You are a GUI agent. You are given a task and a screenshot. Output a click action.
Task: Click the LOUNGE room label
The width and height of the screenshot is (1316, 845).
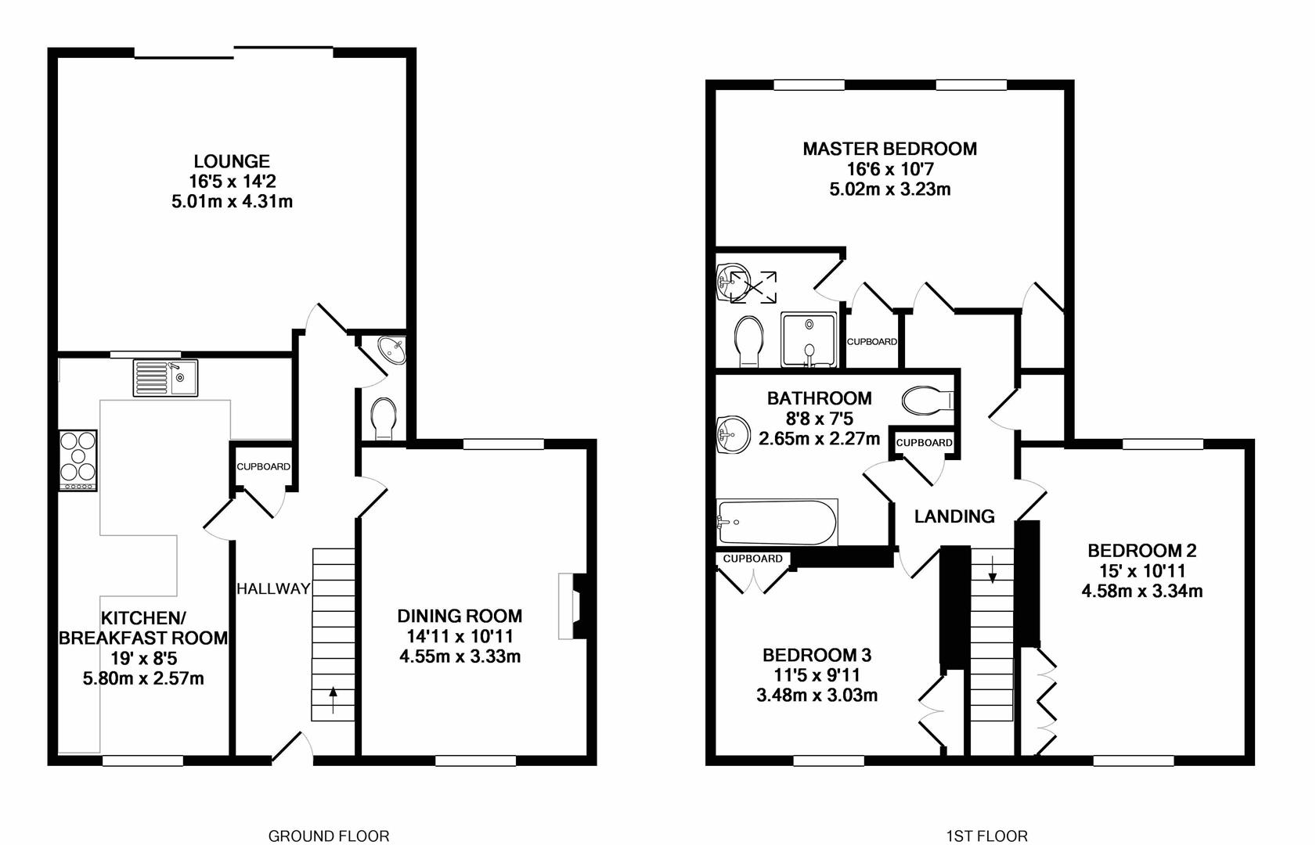[x=232, y=161]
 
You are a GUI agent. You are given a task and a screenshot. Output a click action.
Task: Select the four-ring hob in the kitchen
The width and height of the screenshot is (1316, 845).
[x=78, y=460]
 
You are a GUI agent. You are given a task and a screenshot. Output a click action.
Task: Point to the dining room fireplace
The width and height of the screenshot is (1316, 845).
[x=572, y=607]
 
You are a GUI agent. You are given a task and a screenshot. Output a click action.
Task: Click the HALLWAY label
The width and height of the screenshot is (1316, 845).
[x=273, y=588]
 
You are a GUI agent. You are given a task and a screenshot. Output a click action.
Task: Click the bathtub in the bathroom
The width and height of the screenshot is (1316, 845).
[x=777, y=522]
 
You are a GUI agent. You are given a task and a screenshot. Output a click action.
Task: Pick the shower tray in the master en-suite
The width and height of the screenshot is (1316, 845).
[x=809, y=340]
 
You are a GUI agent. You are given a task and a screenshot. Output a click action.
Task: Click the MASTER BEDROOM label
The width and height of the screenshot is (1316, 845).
[x=889, y=149]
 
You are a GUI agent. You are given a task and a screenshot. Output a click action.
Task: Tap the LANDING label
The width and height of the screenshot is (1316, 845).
[x=954, y=516]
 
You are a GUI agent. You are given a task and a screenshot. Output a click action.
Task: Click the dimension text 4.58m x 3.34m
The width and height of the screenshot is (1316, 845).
[x=1141, y=591]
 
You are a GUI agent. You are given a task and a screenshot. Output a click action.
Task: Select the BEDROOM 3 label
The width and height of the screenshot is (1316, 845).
[x=817, y=655]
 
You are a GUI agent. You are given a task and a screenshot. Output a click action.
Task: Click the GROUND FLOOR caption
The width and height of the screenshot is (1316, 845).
[x=328, y=836]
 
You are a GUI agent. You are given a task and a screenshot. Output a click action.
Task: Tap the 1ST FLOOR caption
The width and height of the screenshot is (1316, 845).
[x=986, y=836]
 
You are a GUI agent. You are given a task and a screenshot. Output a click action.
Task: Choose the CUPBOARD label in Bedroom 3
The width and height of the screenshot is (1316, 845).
[x=752, y=559]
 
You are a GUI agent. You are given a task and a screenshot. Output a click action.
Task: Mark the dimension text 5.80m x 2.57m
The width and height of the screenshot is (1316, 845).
[x=143, y=678]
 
